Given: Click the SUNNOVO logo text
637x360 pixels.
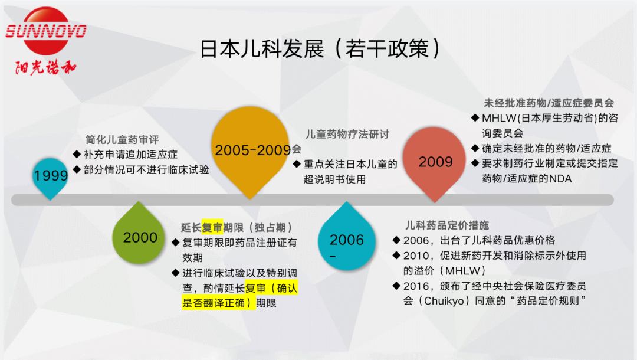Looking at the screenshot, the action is tap(46, 31).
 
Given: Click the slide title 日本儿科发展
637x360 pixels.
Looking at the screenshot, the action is tap(262, 49).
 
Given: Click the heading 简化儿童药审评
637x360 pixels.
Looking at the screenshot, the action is tap(122, 140).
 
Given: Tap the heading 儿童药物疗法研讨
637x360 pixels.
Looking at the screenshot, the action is tap(347, 134).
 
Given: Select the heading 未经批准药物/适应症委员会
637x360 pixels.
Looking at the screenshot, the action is tap(549, 103).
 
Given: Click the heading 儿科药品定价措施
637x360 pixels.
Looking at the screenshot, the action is tap(446, 225).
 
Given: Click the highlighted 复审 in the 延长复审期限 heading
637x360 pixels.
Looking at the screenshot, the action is tap(212, 228).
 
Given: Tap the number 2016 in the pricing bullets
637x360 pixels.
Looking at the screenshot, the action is tap(416, 286).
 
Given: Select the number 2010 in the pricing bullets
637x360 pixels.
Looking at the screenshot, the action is tap(416, 256).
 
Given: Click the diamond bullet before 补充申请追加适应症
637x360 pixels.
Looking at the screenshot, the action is tap(77, 154).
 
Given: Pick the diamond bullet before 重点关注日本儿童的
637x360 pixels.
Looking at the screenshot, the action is tap(297, 163).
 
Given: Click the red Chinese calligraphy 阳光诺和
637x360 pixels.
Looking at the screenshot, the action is tap(45, 67).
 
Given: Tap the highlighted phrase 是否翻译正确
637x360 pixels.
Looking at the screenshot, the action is tap(214, 303).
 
